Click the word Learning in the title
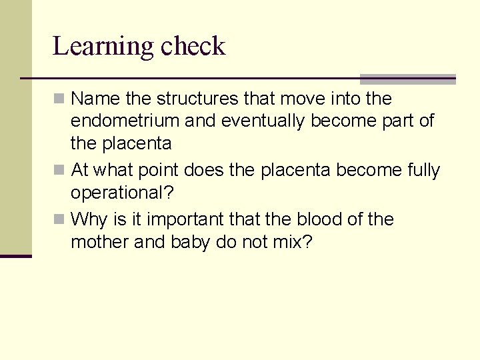[103, 47]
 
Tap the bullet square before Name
[59, 99]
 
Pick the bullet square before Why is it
[59, 219]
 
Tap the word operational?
[122, 193]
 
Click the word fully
[423, 170]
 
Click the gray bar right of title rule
[407, 79]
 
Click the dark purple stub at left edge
[15, 256]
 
